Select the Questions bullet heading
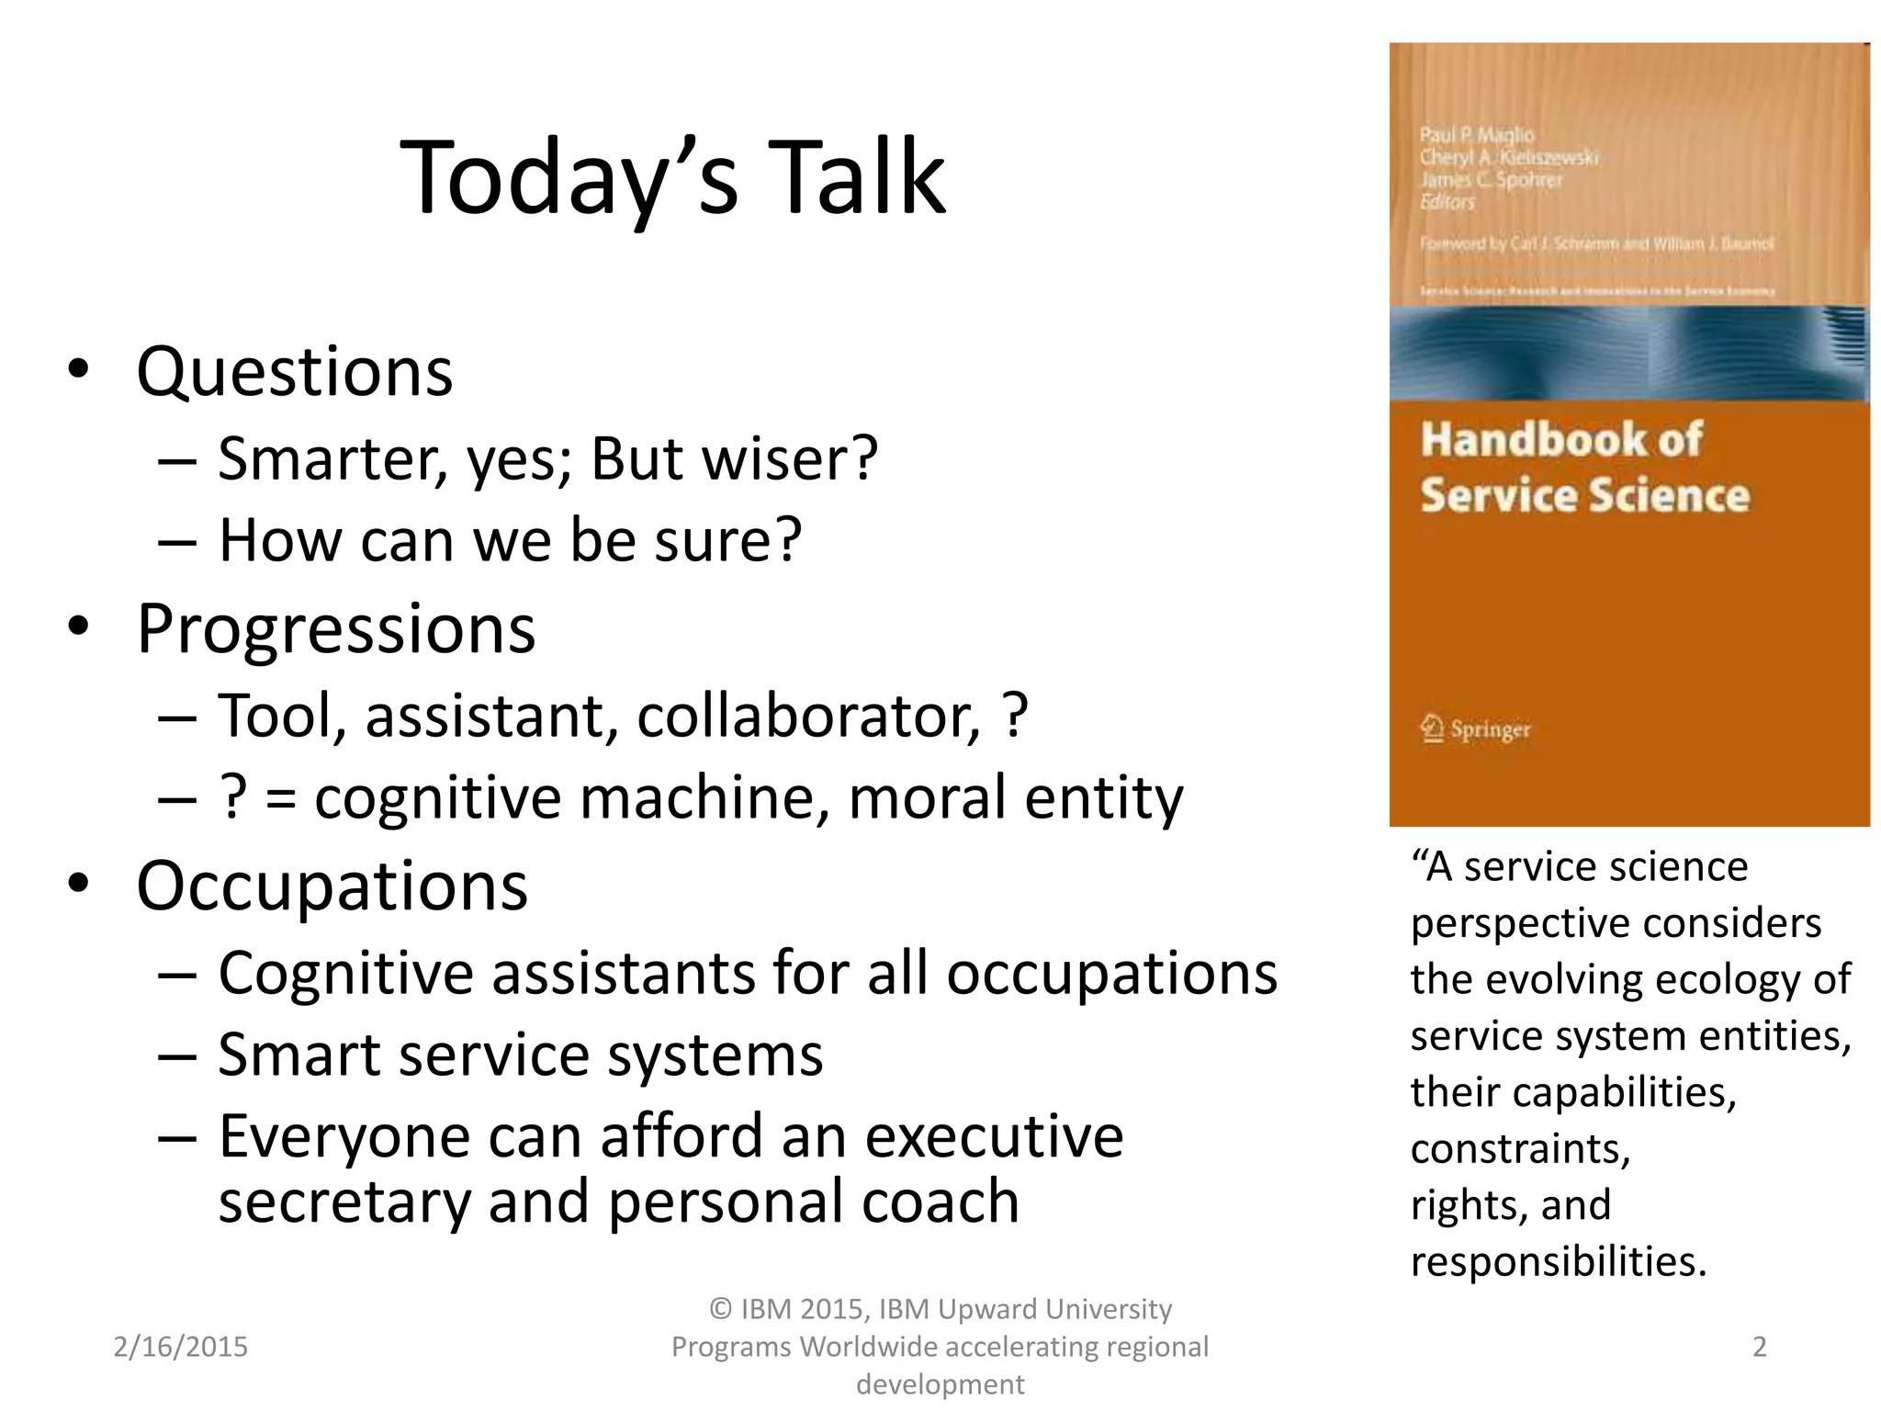[294, 372]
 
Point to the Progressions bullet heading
[335, 630]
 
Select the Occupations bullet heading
[332, 886]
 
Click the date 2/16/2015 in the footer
[180, 1347]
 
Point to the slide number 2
[1759, 1347]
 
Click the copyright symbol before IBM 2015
[721, 1309]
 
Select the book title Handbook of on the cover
[1561, 439]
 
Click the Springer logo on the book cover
[1475, 729]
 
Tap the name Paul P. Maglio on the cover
[1476, 135]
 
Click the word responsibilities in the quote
[1557, 1261]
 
